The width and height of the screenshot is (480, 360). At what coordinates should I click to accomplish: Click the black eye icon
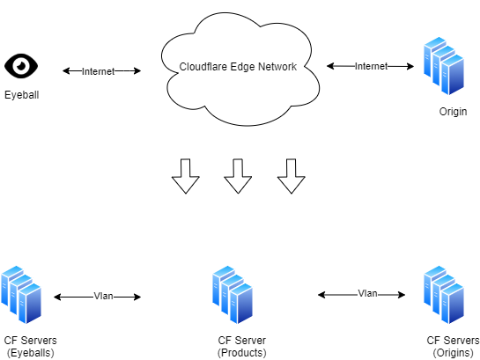[21, 66]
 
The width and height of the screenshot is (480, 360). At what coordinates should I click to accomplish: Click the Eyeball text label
[22, 95]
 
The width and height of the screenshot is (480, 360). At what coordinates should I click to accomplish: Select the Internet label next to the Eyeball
[98, 71]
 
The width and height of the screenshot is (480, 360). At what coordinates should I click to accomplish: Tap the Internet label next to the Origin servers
[372, 66]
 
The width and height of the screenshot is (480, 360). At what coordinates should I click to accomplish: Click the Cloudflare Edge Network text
[238, 67]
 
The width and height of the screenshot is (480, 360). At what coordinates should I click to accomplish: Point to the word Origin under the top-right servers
[453, 111]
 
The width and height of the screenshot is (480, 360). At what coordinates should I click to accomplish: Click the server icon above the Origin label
[444, 66]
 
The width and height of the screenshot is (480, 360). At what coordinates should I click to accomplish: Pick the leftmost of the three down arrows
[186, 176]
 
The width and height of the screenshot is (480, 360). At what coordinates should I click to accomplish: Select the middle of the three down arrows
[238, 176]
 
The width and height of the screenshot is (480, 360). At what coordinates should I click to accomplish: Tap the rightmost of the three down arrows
[292, 176]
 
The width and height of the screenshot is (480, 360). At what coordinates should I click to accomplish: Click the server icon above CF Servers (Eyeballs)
[21, 295]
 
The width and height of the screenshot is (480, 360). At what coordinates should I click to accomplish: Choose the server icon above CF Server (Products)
[233, 295]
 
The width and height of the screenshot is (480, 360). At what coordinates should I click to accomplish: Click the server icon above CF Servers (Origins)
[444, 295]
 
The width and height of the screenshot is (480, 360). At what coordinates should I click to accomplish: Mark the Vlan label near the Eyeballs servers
[103, 296]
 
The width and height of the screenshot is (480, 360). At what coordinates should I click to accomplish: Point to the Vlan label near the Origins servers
[367, 294]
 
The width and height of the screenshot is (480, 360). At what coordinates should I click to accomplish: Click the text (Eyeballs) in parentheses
[30, 353]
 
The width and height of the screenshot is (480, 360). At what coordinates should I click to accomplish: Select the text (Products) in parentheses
[242, 353]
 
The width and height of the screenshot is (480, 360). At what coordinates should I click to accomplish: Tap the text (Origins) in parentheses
[453, 353]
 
